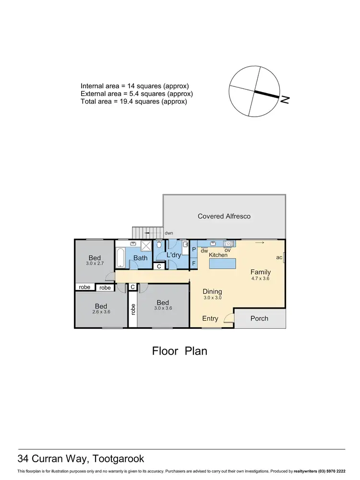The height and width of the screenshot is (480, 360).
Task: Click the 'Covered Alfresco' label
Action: tap(224, 216)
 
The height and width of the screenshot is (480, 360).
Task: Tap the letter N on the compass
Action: tap(285, 100)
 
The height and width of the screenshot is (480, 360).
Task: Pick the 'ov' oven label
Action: tap(228, 250)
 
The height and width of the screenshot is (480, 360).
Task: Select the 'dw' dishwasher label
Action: tap(204, 250)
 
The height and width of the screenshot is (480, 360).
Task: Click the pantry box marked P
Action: tap(194, 250)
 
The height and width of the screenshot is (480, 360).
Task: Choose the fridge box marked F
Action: tap(194, 264)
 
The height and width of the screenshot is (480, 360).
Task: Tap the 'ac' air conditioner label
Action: tap(278, 257)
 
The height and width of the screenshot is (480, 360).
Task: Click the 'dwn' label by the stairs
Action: tap(168, 233)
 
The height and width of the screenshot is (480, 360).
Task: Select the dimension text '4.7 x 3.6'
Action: tap(261, 278)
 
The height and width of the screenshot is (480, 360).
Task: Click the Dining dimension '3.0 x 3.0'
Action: tap(212, 298)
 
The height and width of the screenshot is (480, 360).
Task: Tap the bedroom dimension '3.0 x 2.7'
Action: tap(95, 264)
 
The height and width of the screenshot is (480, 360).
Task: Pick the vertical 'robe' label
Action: tap(132, 309)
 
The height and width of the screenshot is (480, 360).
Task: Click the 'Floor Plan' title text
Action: tap(180, 351)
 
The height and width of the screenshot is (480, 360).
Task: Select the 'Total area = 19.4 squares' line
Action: tap(133, 102)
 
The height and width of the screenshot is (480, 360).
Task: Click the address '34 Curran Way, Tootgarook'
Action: tap(81, 458)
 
